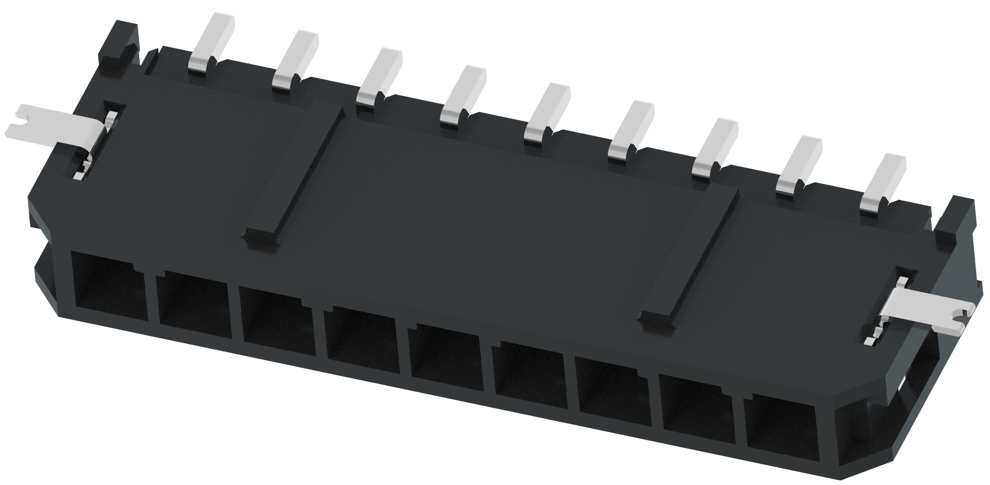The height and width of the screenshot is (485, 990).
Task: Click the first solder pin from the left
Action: coord(211,41)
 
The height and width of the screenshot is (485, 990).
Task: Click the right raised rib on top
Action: coord(688,258)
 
